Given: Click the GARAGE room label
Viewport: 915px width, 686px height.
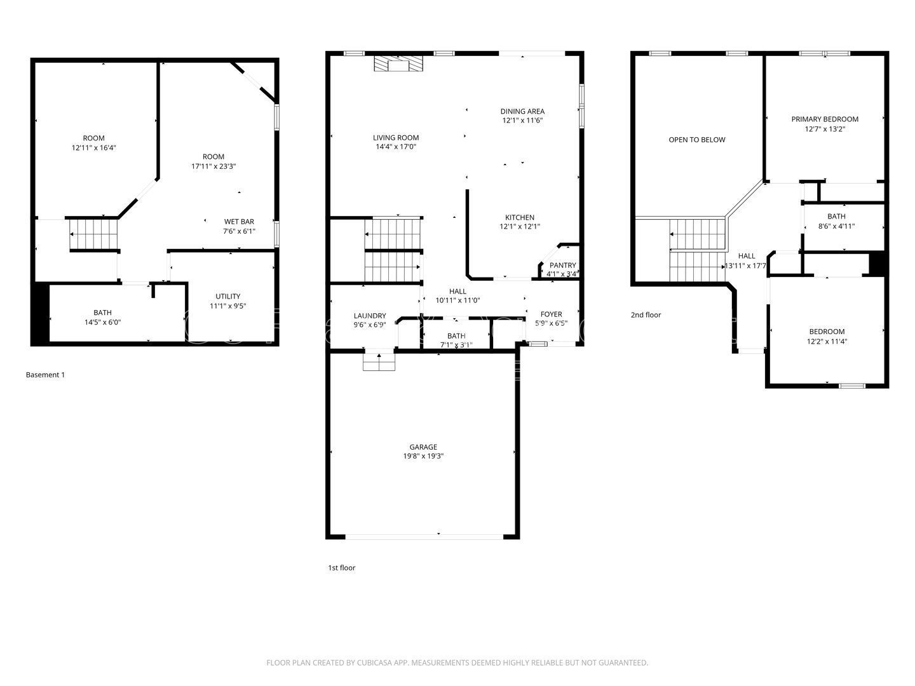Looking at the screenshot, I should tap(423, 447).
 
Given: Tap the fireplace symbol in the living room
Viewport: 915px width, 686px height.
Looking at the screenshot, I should tap(398, 64).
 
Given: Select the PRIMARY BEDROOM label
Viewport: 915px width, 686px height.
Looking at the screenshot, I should tap(824, 119).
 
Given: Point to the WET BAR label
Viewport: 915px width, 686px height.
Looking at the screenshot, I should tap(239, 222).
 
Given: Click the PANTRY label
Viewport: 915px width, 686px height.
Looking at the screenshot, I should tap(562, 266).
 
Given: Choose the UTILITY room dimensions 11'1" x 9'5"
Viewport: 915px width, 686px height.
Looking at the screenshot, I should tap(227, 306).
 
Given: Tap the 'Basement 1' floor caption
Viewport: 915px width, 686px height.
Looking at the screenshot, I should tap(45, 375).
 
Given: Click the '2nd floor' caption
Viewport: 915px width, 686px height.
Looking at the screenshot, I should tap(646, 314).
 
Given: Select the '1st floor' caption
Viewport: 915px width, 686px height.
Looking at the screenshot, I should tap(341, 568).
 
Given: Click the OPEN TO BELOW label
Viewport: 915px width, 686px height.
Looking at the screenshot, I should tap(696, 140).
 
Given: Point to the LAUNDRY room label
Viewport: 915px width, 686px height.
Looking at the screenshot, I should tap(369, 316).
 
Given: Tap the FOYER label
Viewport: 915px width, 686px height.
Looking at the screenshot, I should tap(551, 314).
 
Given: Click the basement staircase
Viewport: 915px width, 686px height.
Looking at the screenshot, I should tap(93, 234).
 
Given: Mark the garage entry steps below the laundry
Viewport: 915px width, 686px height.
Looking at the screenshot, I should tap(379, 361).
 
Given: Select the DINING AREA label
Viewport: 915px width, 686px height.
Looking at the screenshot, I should tap(522, 111).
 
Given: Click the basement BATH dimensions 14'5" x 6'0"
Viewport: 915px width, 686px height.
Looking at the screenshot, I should tap(102, 322).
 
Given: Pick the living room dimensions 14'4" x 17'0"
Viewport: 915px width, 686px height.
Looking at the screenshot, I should tap(395, 147).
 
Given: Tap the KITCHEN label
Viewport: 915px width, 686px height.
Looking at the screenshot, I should tap(519, 217).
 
